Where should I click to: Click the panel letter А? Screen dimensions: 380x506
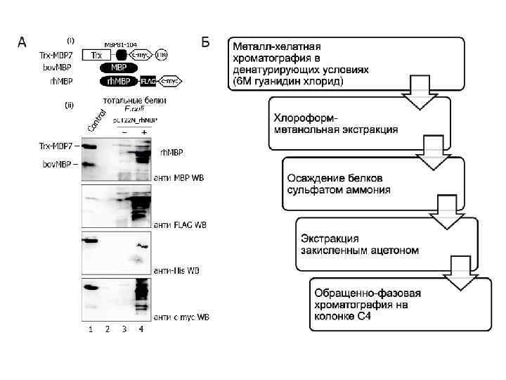(x=22, y=42)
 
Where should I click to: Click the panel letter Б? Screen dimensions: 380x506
(x=206, y=42)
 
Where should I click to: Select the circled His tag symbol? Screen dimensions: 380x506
(x=162, y=54)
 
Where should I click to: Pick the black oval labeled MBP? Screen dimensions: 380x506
(x=112, y=68)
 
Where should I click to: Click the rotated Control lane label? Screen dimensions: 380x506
(x=96, y=120)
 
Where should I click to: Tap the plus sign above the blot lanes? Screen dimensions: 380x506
(x=143, y=132)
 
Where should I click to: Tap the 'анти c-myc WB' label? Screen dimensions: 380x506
(x=181, y=317)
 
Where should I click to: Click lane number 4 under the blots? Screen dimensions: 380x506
(x=141, y=331)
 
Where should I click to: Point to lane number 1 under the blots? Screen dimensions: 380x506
(x=91, y=331)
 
